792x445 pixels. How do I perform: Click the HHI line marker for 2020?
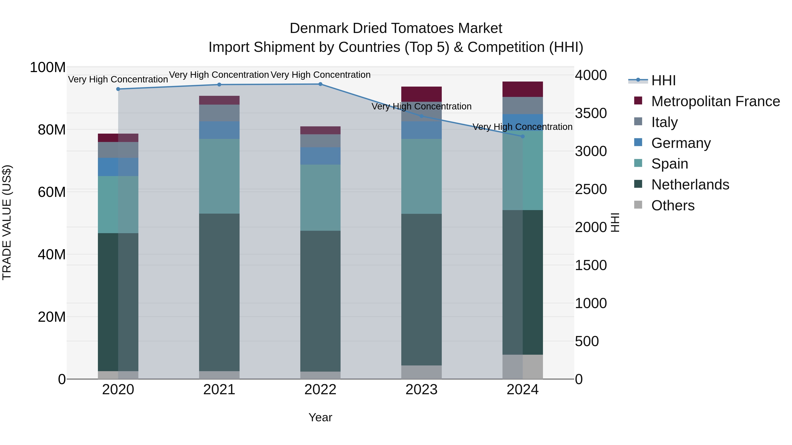(118, 89)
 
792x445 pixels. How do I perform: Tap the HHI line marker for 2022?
(320, 84)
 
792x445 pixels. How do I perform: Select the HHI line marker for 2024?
(523, 136)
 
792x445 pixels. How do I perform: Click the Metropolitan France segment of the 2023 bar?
(422, 94)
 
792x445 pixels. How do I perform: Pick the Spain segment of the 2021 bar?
(219, 176)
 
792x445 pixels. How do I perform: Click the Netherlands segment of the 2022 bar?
(320, 301)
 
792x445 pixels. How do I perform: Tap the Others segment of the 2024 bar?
(523, 367)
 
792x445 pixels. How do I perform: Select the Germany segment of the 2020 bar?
(118, 167)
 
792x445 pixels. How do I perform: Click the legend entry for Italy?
(664, 122)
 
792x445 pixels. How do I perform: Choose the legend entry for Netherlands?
(690, 185)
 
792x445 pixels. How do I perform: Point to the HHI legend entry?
(663, 80)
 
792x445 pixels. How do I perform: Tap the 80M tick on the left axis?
(52, 130)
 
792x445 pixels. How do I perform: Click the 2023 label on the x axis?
(422, 390)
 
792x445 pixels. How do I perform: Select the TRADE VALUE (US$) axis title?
(7, 222)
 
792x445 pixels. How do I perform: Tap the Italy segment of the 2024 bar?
(523, 106)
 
